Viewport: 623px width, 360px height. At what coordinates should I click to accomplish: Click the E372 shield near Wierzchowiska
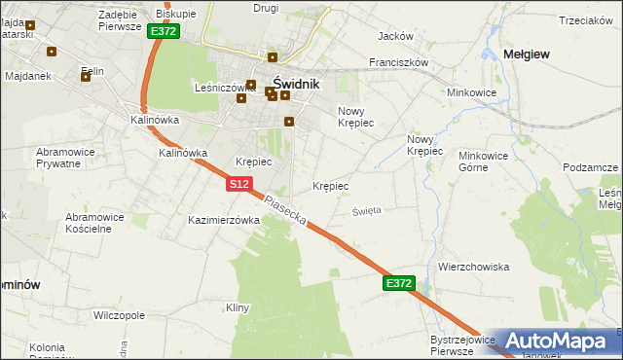[x=399, y=283]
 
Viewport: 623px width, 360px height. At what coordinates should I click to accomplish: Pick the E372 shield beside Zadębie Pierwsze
[x=163, y=31]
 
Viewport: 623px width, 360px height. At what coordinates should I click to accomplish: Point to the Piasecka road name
[x=287, y=209]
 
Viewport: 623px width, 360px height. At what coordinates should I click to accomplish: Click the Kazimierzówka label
[x=224, y=220]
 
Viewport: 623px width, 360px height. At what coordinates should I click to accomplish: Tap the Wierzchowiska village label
[x=474, y=266]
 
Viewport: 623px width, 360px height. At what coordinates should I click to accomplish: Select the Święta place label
[x=367, y=209]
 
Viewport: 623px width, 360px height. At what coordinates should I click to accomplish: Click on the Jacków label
[x=395, y=36]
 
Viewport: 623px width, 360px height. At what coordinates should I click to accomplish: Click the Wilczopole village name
[x=119, y=315]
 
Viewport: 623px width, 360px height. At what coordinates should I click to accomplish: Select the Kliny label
[x=238, y=307]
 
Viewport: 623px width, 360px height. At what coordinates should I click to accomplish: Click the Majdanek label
[x=28, y=75]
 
